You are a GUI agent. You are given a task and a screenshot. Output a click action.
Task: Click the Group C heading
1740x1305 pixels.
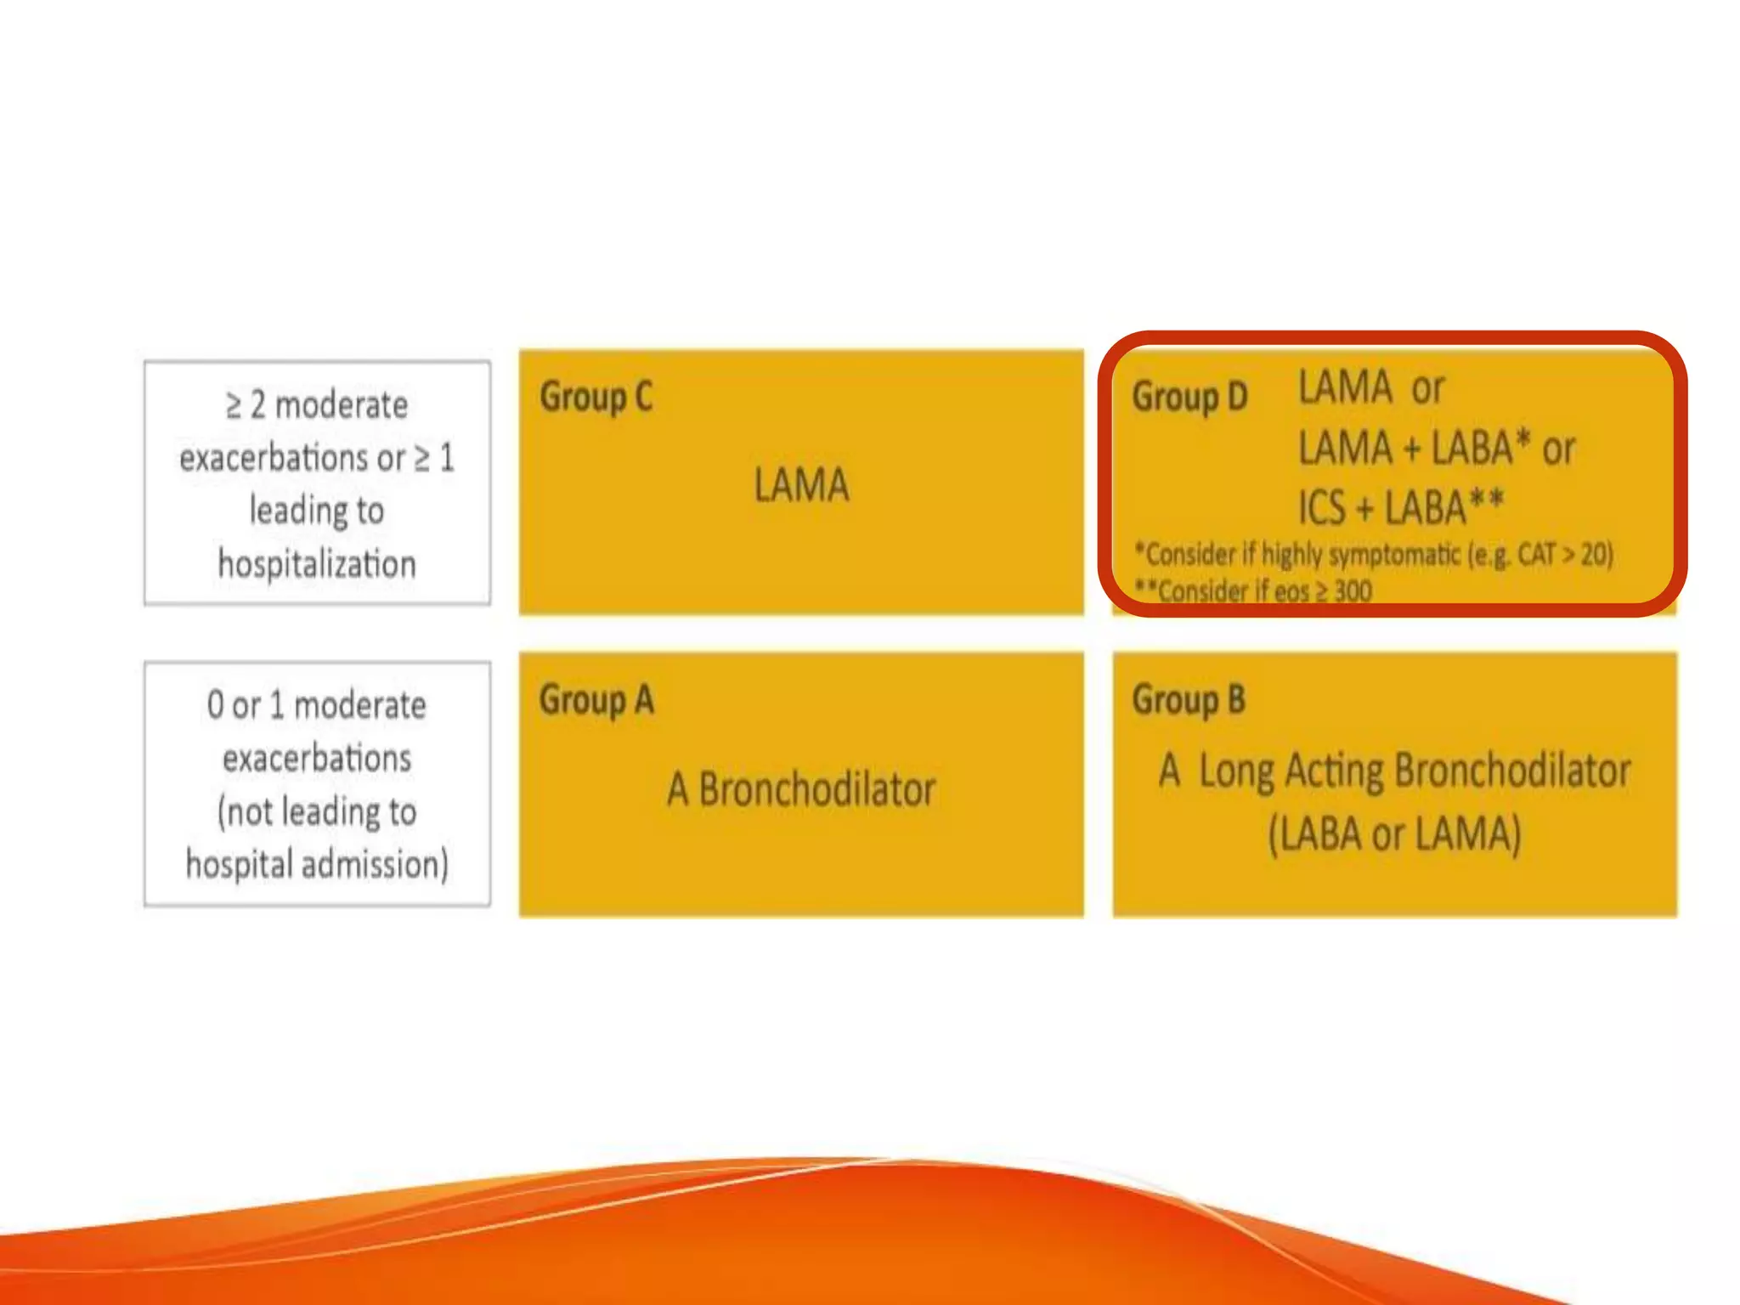[x=596, y=398]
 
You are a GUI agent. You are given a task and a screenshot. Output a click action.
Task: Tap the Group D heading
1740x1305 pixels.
[x=1189, y=398]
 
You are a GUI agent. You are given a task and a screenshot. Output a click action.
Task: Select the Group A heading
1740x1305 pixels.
[x=596, y=701]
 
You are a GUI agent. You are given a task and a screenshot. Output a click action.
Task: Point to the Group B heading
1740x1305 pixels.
[x=1189, y=701]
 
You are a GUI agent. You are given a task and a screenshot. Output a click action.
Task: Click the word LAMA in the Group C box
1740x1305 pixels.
[x=801, y=485]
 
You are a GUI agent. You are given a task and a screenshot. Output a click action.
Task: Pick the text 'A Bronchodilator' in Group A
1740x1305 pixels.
[x=801, y=789]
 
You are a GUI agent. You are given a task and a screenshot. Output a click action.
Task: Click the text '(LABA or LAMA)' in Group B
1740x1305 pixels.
[x=1394, y=833]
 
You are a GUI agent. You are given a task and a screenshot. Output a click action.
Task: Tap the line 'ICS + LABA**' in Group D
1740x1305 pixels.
[x=1401, y=508]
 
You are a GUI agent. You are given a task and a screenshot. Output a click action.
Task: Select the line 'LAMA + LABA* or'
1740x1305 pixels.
[x=1437, y=448]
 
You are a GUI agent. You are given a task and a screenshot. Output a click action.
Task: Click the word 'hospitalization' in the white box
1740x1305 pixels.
[x=317, y=564]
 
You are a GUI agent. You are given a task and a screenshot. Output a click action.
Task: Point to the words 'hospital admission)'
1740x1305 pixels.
[x=317, y=865]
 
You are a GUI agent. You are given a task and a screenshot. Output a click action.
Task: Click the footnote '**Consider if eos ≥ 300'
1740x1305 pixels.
[x=1254, y=590]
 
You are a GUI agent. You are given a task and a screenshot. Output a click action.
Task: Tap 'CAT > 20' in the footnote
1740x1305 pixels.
[x=1564, y=554]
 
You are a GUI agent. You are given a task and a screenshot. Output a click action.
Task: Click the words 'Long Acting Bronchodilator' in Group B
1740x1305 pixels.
[x=1415, y=771]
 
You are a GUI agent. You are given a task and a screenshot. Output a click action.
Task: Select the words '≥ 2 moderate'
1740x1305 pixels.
[x=317, y=405]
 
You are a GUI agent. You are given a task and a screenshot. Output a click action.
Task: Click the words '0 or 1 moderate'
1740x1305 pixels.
[x=317, y=705]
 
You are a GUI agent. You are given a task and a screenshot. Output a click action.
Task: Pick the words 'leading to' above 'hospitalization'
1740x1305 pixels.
[x=317, y=511]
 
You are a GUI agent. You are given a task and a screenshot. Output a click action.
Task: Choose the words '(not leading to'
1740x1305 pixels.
[x=317, y=811]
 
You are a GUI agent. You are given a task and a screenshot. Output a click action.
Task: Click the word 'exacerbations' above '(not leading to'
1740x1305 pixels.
[x=317, y=758]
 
